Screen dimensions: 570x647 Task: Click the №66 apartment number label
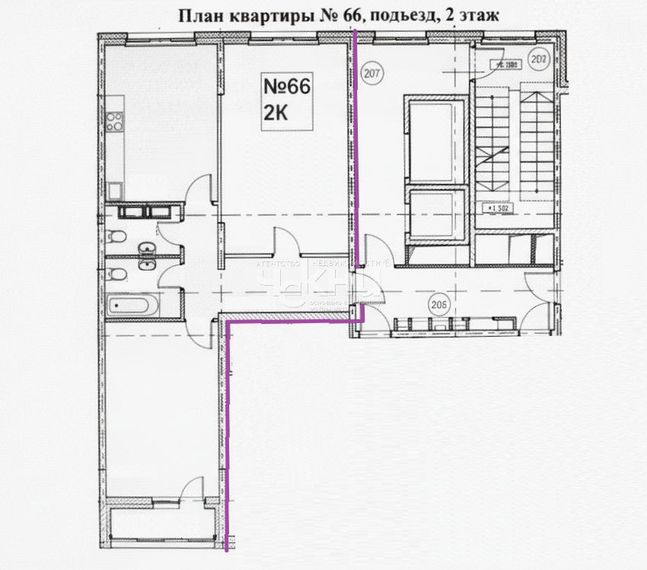tap(286, 87)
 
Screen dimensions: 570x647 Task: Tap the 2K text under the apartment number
tap(276, 113)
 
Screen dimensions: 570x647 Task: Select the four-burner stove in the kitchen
tap(114, 120)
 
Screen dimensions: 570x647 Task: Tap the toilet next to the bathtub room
tap(115, 274)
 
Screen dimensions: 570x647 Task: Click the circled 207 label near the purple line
tap(372, 74)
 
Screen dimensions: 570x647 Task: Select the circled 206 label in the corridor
tap(437, 304)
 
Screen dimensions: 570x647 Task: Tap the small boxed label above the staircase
tap(504, 65)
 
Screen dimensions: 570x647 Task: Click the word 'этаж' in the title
tap(478, 14)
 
